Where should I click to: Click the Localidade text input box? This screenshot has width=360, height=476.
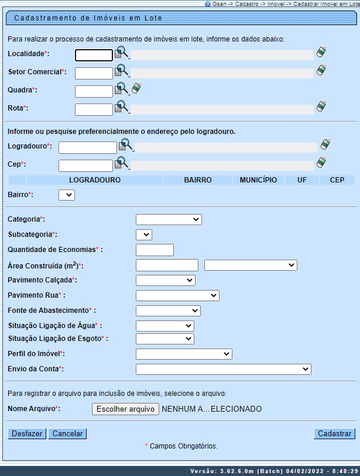click(94, 56)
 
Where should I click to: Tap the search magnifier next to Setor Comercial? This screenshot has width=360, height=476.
click(121, 71)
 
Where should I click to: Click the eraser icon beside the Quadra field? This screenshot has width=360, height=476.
click(136, 88)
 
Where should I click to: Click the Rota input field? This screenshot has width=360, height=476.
click(94, 109)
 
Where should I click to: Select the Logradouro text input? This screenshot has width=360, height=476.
click(88, 147)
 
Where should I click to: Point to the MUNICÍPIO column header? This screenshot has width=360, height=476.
click(258, 180)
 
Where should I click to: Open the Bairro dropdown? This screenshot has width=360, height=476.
click(67, 195)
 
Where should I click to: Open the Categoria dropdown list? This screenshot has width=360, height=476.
click(169, 220)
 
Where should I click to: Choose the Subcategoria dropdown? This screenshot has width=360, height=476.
click(144, 235)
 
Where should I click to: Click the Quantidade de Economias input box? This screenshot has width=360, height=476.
click(155, 250)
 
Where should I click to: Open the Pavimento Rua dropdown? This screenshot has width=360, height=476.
click(177, 296)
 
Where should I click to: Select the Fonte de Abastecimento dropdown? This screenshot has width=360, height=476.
click(168, 311)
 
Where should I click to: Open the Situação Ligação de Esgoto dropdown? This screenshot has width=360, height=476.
click(164, 339)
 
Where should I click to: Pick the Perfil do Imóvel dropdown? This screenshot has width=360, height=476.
click(184, 354)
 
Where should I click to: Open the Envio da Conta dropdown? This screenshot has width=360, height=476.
click(223, 370)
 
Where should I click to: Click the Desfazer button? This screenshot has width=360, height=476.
click(27, 434)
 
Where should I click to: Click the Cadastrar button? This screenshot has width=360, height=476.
click(334, 434)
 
